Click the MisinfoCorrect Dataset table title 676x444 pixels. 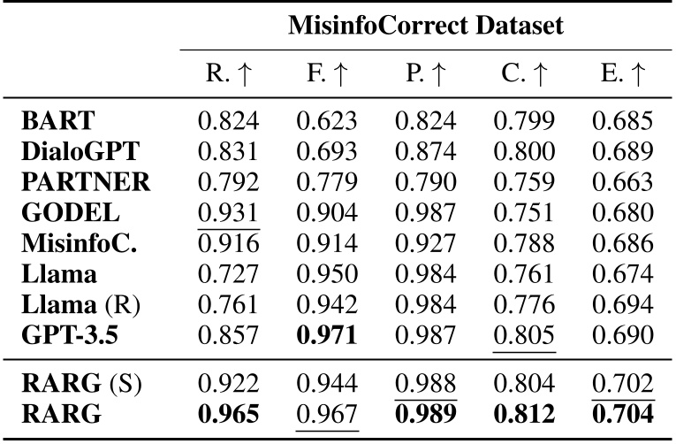425,27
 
